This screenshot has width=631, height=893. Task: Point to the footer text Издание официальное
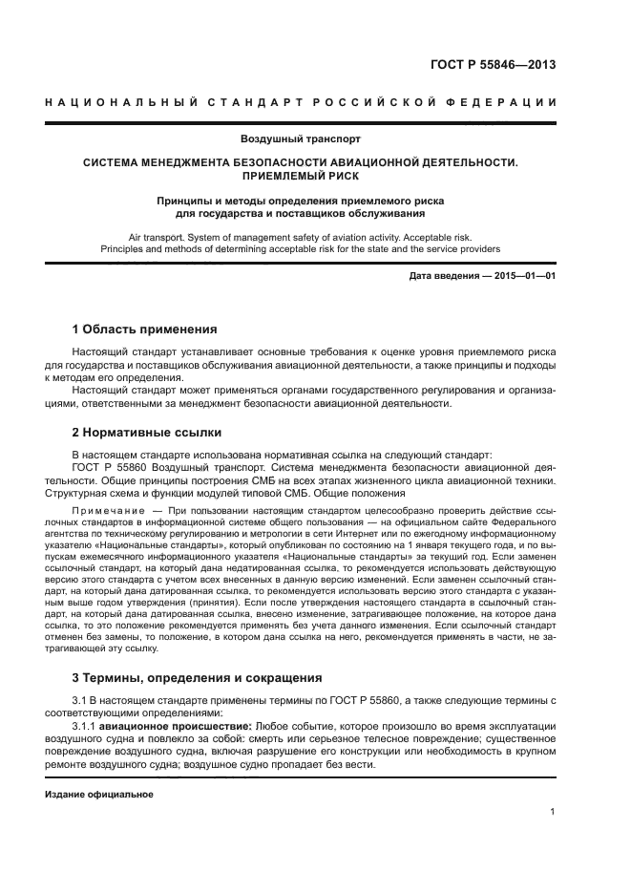tap(86, 795)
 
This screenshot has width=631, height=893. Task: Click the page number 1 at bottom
tap(553, 813)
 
